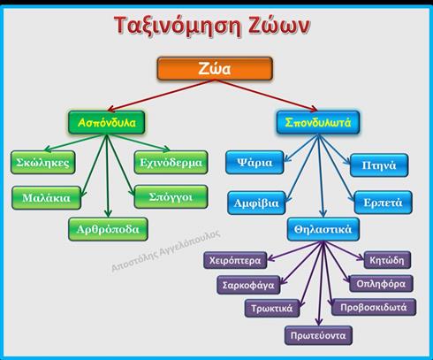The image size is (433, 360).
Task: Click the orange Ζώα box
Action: (x=215, y=69)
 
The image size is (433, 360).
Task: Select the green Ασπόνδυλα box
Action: (x=106, y=122)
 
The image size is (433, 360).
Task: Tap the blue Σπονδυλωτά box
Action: (x=318, y=122)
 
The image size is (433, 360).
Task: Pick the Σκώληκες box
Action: (x=43, y=162)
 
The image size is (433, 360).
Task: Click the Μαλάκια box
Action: (x=46, y=198)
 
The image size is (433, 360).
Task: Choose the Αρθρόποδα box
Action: (x=108, y=229)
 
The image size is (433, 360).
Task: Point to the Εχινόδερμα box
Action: (x=171, y=162)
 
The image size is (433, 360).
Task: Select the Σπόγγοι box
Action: (x=171, y=196)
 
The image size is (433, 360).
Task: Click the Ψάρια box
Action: (x=254, y=163)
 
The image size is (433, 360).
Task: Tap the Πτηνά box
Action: (x=379, y=165)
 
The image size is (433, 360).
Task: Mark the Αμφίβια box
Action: (x=256, y=203)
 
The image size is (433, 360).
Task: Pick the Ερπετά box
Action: (x=384, y=203)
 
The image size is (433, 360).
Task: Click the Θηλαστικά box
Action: (x=323, y=229)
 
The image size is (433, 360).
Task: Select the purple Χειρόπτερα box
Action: (x=235, y=260)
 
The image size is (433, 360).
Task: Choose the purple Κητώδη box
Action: (x=387, y=260)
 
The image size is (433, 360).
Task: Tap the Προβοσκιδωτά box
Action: (x=374, y=307)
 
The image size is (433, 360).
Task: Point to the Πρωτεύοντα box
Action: (x=318, y=335)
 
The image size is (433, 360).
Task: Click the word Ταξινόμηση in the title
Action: (x=179, y=26)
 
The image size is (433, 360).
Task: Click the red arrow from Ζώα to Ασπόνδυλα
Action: (x=161, y=95)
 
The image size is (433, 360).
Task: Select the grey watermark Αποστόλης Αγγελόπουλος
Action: (x=165, y=250)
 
